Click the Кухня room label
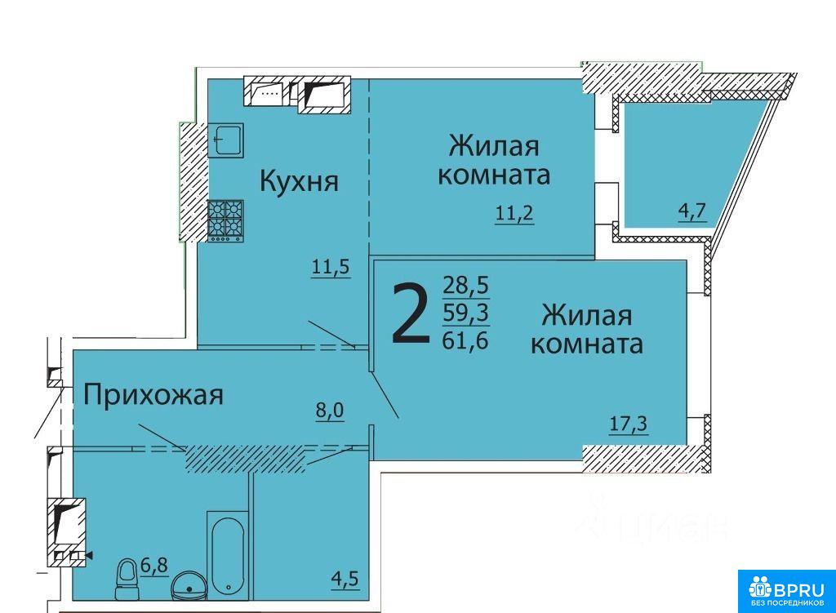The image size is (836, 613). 299,180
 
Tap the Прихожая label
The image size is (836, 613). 153,396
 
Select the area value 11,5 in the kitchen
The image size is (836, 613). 331,266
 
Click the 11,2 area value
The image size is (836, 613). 514,214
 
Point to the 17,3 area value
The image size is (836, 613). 629,424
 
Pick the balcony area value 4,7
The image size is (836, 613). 692,211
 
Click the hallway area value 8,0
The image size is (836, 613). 330,411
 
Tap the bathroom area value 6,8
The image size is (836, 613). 154,565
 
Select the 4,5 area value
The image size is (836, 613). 345,579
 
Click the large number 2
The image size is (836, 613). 410,313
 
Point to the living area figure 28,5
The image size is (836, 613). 465,286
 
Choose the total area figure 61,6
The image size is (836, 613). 465,340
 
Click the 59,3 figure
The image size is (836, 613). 466,313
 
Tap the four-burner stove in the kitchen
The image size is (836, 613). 225,220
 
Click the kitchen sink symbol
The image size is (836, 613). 225,140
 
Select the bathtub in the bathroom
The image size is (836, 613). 228,555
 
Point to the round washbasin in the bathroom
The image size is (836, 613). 188,586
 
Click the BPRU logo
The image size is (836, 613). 786,591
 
